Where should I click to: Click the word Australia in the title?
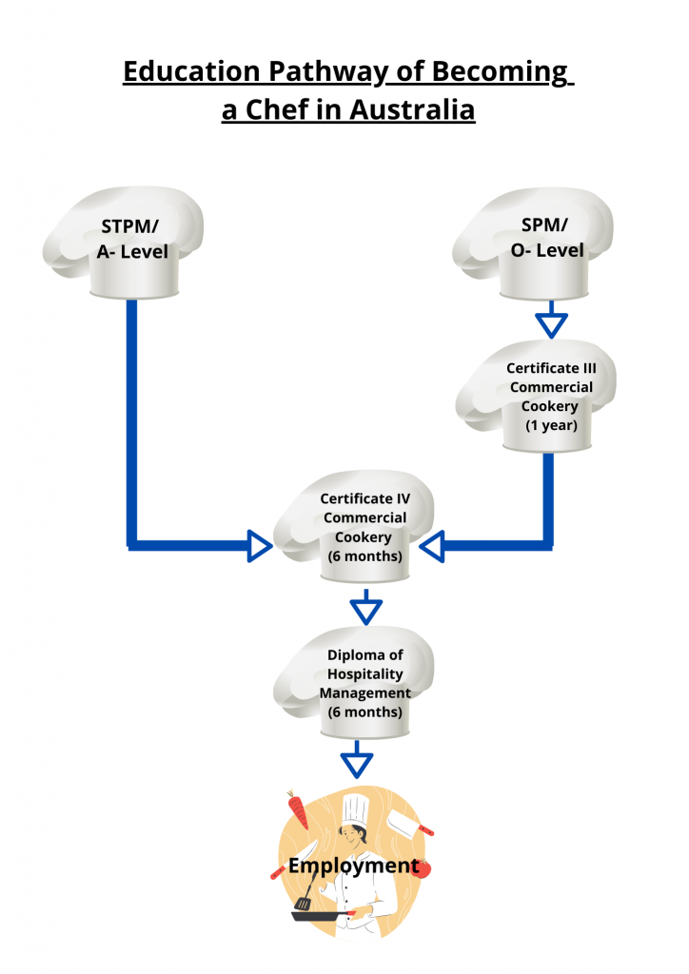[413, 109]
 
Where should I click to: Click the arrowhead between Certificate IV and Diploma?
[365, 607]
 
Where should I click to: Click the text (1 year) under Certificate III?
[551, 425]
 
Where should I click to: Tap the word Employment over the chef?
[353, 866]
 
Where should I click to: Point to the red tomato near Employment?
[424, 867]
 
